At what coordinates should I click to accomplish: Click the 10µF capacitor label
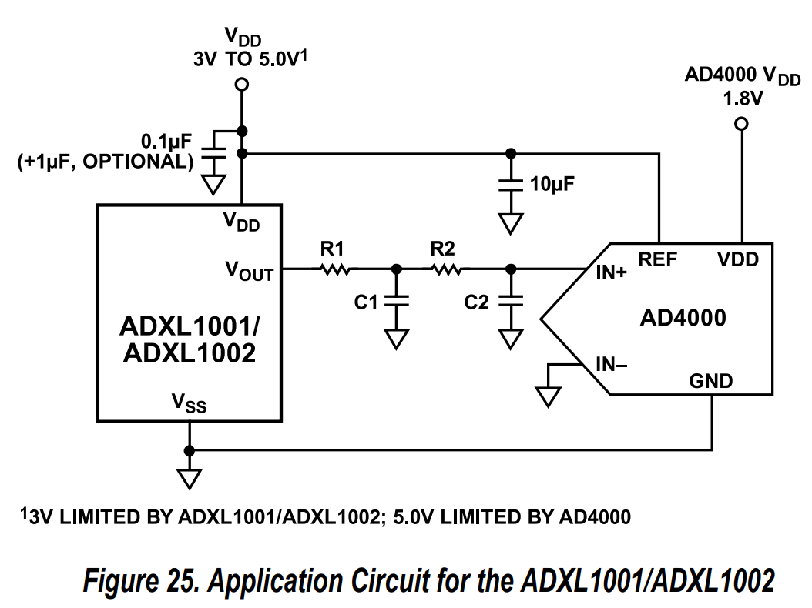(x=552, y=185)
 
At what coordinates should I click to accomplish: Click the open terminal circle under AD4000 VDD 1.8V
(x=741, y=124)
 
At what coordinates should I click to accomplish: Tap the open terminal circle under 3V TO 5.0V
(x=242, y=84)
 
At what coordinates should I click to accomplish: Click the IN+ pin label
(x=611, y=272)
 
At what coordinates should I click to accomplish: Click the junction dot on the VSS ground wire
(x=189, y=450)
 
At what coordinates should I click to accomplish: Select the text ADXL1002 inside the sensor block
(x=188, y=353)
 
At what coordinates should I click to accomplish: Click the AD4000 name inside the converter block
(x=683, y=318)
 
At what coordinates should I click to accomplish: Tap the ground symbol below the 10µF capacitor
(x=509, y=223)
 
